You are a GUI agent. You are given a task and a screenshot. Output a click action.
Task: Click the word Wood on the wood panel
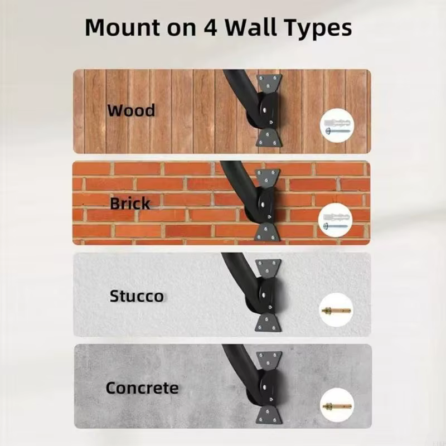(x=131, y=110)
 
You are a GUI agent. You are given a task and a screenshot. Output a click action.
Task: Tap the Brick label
(x=130, y=203)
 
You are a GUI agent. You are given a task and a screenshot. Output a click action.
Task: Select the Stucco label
(x=137, y=296)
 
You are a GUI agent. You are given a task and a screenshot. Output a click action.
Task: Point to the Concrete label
(x=142, y=387)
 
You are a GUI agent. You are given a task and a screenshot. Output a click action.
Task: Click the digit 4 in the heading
(x=211, y=28)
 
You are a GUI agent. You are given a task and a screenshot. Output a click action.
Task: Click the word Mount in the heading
(x=123, y=27)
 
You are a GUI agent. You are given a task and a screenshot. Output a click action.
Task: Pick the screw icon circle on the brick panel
(x=336, y=220)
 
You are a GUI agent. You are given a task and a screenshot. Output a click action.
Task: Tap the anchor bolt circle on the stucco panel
(x=337, y=311)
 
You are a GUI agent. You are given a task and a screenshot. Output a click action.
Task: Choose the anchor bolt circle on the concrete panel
(x=337, y=405)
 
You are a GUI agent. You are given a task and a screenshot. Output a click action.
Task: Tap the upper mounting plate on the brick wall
(x=268, y=178)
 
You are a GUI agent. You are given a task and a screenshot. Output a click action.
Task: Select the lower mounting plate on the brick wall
(x=267, y=232)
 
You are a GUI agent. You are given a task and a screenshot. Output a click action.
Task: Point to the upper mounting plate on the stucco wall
(x=268, y=268)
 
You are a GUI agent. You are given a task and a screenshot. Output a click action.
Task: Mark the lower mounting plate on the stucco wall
(x=268, y=323)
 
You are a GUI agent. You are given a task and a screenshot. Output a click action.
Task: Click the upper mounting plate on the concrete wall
(x=269, y=360)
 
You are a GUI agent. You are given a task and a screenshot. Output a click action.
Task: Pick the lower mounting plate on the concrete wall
(x=269, y=414)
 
